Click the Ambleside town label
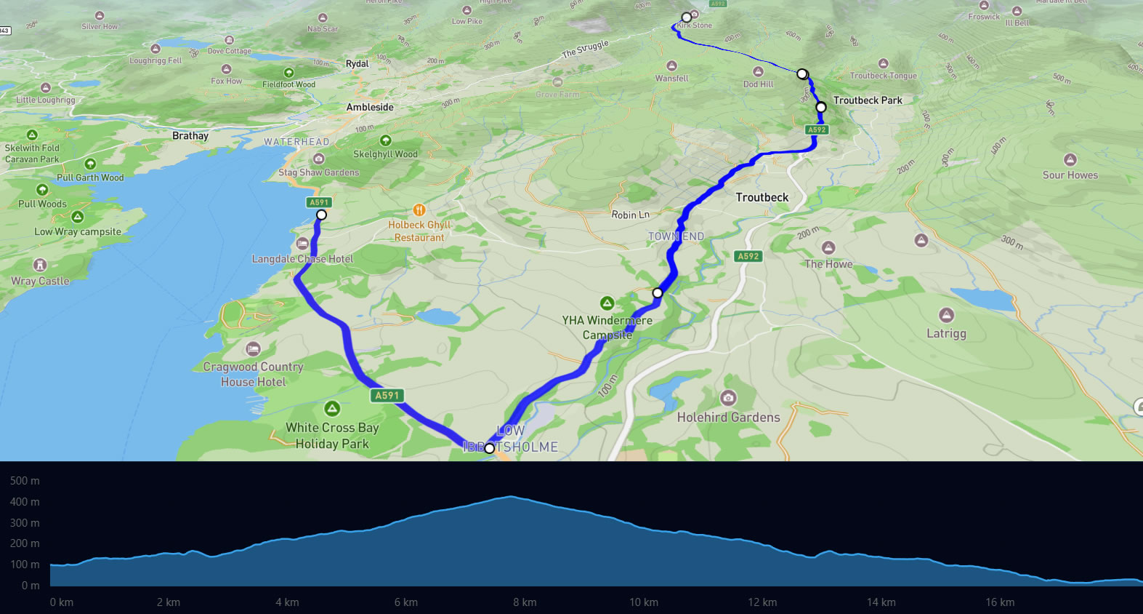click(x=370, y=107)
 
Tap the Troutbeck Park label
click(x=868, y=100)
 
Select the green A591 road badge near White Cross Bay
click(x=387, y=395)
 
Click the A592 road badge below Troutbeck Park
click(x=817, y=129)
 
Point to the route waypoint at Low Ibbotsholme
click(x=489, y=448)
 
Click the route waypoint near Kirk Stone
click(x=686, y=17)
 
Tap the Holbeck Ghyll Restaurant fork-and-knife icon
click(x=419, y=210)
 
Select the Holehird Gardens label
click(x=728, y=417)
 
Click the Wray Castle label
click(x=40, y=281)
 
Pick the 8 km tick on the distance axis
click(x=525, y=602)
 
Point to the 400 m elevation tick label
click(x=25, y=502)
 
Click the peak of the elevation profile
click(x=511, y=497)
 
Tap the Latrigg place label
click(x=946, y=333)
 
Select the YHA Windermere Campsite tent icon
click(x=607, y=303)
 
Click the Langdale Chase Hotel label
click(x=302, y=259)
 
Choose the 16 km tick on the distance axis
click(x=1000, y=602)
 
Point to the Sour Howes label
click(x=1070, y=175)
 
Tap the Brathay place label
click(x=190, y=136)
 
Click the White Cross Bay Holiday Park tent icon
click(x=332, y=409)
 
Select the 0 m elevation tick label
click(x=31, y=586)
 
